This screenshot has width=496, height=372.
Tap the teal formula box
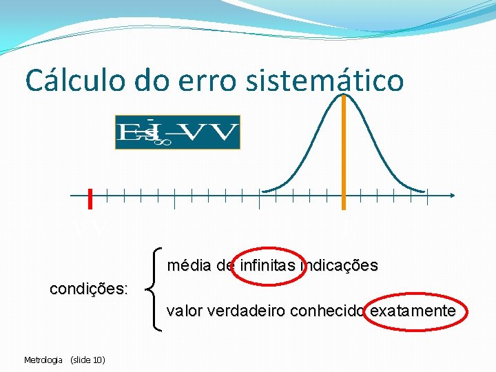click(x=177, y=132)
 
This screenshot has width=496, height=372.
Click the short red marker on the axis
click(x=90, y=198)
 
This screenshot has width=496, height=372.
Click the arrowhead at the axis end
click(x=452, y=196)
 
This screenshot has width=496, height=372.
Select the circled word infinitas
click(x=267, y=265)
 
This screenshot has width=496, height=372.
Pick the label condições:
click(x=88, y=289)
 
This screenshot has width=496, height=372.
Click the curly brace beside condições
click(x=156, y=289)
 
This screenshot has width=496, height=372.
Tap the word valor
click(x=183, y=311)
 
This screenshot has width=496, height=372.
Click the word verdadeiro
click(x=245, y=311)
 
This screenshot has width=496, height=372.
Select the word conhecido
click(x=329, y=311)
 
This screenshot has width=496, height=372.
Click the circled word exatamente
click(x=413, y=311)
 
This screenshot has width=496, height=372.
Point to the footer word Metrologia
click(x=43, y=360)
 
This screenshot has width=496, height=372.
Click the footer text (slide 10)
click(x=87, y=360)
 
